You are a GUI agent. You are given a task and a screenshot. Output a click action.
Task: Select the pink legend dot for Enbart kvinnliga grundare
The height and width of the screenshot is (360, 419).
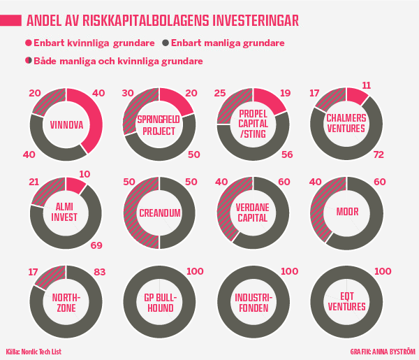point(28,43)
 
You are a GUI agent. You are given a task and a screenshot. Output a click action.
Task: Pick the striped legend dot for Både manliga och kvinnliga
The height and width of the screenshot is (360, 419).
point(28,61)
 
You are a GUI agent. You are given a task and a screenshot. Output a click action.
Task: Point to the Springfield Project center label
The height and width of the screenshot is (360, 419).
point(159,125)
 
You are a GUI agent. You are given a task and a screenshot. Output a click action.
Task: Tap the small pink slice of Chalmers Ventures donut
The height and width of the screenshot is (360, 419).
point(356,95)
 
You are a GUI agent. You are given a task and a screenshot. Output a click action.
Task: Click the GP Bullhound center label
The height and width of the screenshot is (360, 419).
point(159,302)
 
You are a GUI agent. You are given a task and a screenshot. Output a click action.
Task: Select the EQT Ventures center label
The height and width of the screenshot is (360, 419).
point(346,302)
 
